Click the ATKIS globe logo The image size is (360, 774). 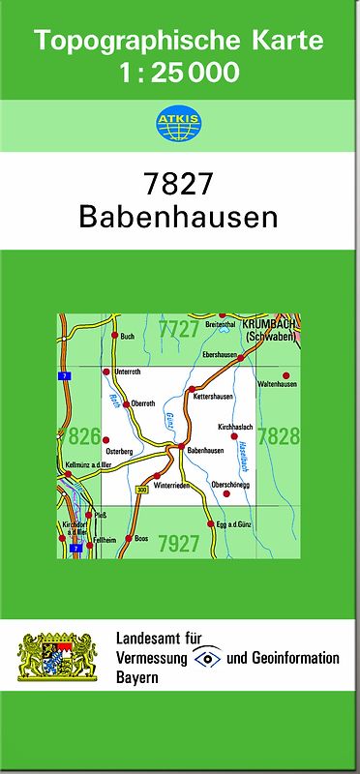pos(179,124)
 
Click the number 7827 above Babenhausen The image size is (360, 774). pos(179,183)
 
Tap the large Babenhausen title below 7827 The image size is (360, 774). pos(179,217)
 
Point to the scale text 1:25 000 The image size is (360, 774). pos(179,72)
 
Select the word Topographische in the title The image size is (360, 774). pos(123,42)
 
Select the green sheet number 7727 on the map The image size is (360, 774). pos(179,329)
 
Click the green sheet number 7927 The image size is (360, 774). pos(179,542)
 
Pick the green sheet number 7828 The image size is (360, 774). pos(279,436)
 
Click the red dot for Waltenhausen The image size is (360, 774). pos(285,374)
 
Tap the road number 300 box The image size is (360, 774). pos(142,491)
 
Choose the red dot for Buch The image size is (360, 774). pos(115,336)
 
